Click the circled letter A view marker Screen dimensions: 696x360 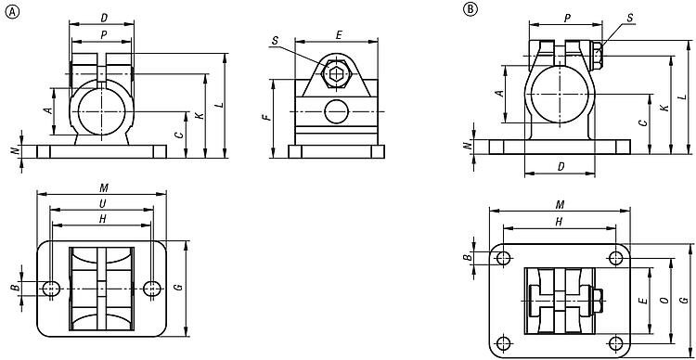12,12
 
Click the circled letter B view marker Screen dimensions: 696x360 470,8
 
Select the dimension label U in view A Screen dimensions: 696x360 102,203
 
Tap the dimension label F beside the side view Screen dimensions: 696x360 266,118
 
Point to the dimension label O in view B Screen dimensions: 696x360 664,301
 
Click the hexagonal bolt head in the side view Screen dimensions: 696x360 336,72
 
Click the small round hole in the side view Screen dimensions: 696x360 336,111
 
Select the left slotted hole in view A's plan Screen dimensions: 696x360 51,289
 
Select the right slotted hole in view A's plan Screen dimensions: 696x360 152,289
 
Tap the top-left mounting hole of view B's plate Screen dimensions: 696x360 503,258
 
